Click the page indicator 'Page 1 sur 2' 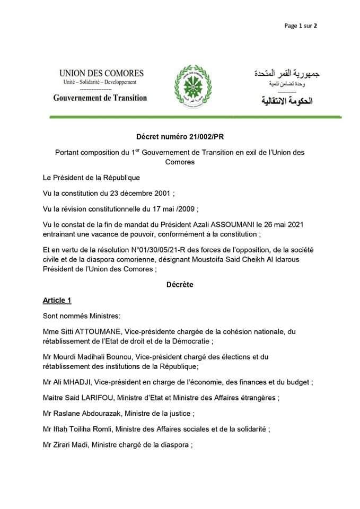point(301,25)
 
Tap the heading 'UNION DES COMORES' point(101,73)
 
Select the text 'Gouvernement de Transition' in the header point(100,98)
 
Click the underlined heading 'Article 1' point(57,301)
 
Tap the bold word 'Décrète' point(180,285)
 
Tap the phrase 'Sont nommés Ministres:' point(82,317)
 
